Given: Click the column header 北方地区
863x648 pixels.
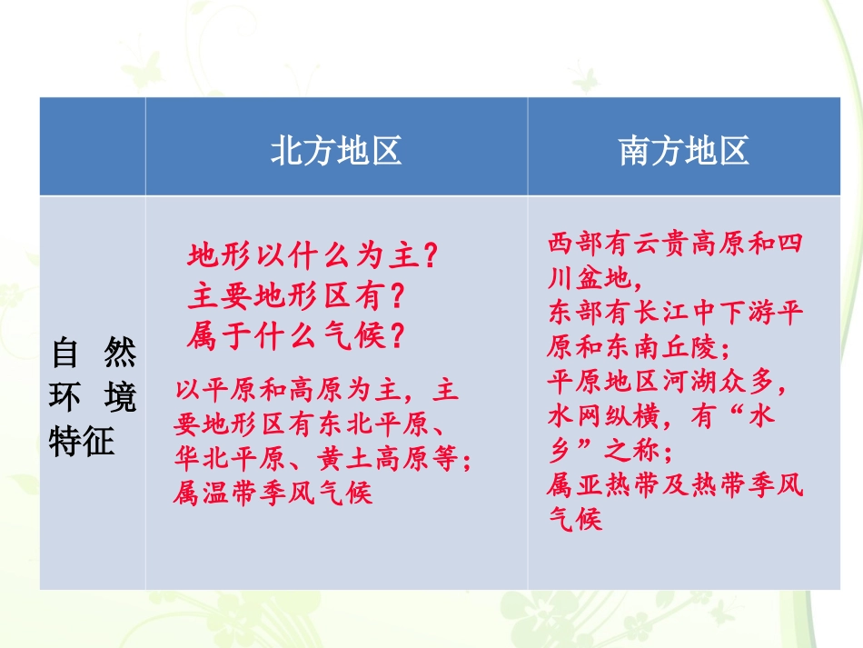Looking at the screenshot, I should pyautogui.click(x=336, y=151).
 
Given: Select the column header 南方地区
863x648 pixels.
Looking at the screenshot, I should pyautogui.click(x=684, y=151).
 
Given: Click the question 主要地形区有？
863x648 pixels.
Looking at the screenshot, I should pyautogui.click(x=296, y=296).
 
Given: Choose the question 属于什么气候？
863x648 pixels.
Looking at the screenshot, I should pyautogui.click(x=296, y=336).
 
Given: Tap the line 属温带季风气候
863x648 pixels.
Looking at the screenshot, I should pyautogui.click(x=273, y=493).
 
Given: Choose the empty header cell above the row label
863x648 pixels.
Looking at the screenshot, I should pyautogui.click(x=92, y=147).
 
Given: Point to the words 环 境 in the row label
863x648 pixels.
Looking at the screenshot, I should pyautogui.click(x=93, y=398).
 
